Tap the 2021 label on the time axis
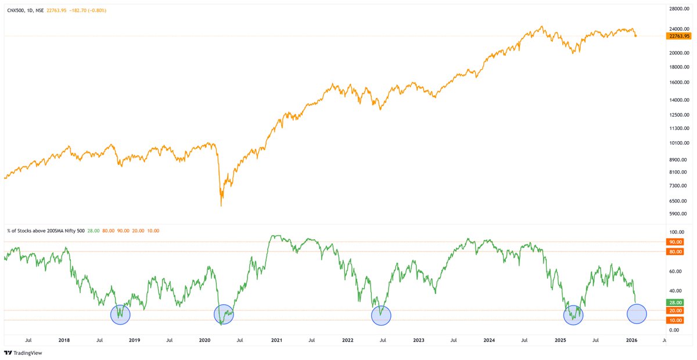coord(276,340)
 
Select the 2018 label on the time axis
coord(64,340)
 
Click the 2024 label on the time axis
coord(489,340)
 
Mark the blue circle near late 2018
coord(120,314)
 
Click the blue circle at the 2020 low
coord(224,314)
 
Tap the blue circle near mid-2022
coord(381,315)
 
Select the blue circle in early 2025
coord(573,315)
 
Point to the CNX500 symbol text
coord(16,10)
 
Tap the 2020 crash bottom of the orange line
coord(221,205)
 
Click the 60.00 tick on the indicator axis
coord(674,271)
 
